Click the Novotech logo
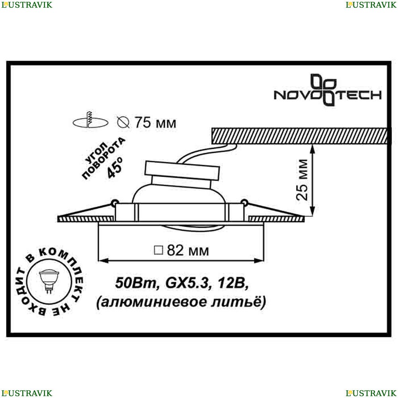point(327,90)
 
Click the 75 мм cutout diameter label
point(154,123)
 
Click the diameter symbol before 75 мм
point(124,123)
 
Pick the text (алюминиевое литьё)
point(181,302)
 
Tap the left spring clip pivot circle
point(115,203)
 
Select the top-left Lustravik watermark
point(26,5)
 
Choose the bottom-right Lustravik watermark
point(371,393)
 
